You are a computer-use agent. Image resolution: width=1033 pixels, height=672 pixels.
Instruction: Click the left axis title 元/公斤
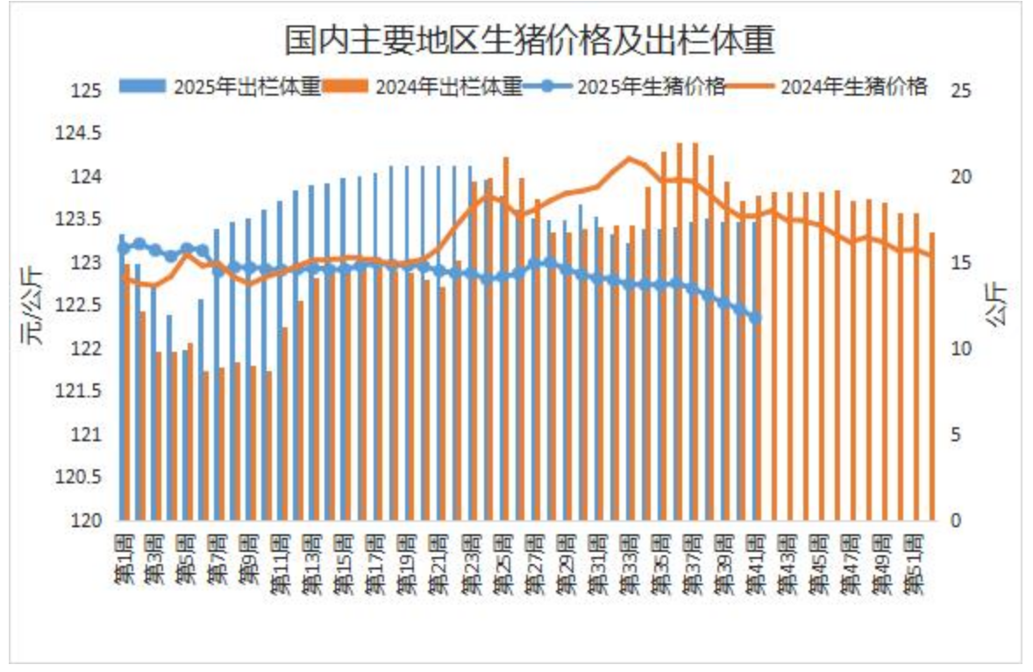click(x=32, y=305)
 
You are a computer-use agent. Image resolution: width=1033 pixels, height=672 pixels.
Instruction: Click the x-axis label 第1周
click(x=124, y=556)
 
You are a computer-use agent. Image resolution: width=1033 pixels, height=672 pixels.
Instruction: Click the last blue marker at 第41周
click(x=756, y=318)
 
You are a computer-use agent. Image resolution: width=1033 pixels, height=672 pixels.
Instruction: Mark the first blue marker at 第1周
click(x=124, y=247)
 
